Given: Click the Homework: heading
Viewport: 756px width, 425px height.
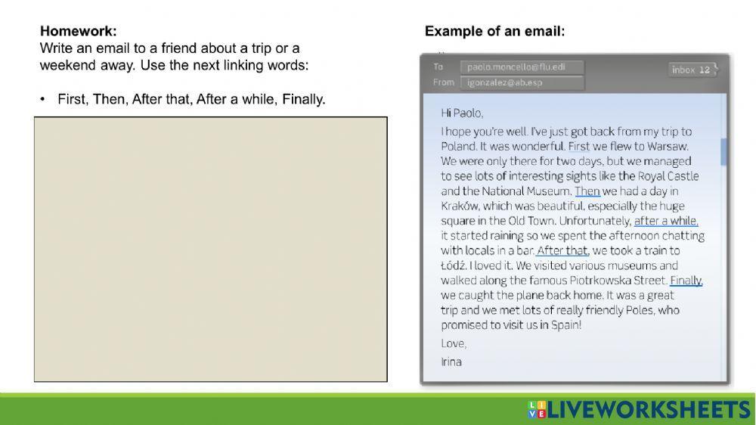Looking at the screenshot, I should click(x=79, y=32).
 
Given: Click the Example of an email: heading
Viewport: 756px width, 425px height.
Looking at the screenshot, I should click(x=494, y=32).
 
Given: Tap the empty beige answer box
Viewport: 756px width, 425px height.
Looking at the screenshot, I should click(x=210, y=249).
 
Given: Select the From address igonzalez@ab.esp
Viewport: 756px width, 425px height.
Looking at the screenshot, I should click(x=505, y=82).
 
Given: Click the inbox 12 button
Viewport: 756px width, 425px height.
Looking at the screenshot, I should click(x=692, y=70).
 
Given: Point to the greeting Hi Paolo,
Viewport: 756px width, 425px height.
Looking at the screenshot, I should click(x=462, y=113).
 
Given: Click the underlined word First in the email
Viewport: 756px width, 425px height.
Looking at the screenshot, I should click(x=579, y=146).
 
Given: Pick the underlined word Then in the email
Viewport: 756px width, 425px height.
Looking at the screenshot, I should click(x=587, y=191).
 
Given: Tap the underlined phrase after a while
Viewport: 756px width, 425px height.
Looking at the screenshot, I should click(x=666, y=221).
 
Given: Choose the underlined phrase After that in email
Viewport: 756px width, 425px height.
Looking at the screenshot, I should click(x=562, y=250).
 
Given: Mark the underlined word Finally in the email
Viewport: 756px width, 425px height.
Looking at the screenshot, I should click(x=686, y=281).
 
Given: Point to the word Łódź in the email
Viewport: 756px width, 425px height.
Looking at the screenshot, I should click(x=454, y=265).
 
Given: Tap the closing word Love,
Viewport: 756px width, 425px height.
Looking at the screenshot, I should click(x=454, y=343).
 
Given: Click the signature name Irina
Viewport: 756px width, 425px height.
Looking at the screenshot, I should click(x=451, y=361).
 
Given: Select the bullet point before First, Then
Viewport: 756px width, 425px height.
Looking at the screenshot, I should click(x=43, y=100).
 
